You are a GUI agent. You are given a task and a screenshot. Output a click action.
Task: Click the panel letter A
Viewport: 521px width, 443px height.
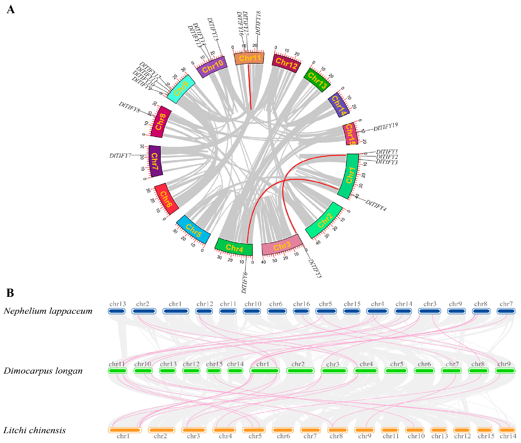pyautogui.click(x=11, y=10)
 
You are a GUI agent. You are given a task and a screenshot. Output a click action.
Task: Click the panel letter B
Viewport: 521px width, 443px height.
pyautogui.click(x=10, y=293)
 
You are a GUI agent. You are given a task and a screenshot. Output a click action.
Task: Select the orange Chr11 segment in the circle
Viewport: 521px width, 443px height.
pyautogui.click(x=249, y=59)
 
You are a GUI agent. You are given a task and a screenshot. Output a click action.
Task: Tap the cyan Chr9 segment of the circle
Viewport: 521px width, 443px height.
pyautogui.click(x=181, y=89)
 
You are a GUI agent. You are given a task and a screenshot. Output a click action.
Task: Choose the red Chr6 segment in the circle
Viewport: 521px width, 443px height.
pyautogui.click(x=166, y=199)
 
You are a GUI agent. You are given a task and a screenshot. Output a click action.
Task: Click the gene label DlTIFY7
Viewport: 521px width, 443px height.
pyautogui.click(x=120, y=156)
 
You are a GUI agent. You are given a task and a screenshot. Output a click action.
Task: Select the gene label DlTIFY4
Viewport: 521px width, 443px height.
pyautogui.click(x=376, y=205)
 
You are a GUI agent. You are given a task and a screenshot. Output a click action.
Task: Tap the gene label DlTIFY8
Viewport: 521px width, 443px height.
pyautogui.click(x=129, y=107)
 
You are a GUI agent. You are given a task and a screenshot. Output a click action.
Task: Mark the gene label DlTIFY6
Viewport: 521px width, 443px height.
pyautogui.click(x=244, y=282)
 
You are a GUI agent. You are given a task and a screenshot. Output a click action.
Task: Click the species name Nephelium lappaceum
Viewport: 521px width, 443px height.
pyautogui.click(x=48, y=311)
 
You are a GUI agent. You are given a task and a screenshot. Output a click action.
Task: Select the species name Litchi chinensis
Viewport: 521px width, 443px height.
pyautogui.click(x=34, y=430)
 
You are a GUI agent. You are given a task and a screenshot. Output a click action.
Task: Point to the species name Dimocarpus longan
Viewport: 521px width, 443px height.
pyautogui.click(x=43, y=371)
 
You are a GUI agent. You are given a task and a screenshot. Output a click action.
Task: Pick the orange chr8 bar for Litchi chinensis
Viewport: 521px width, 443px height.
pyautogui.click(x=337, y=430)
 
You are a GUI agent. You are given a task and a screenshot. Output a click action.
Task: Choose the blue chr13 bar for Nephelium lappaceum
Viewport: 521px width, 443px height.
pyautogui.click(x=117, y=311)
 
